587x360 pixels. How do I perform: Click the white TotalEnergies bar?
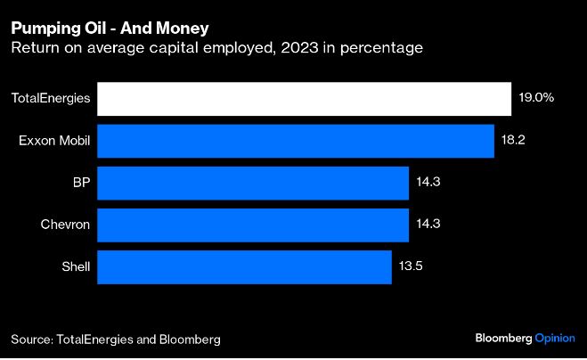point(304,99)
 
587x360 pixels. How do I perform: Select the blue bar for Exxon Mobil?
point(295,141)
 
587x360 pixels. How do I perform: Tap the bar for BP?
point(252,183)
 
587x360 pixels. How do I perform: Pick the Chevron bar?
point(252,225)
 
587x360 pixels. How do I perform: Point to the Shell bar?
point(244,266)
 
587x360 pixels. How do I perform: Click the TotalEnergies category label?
point(50,99)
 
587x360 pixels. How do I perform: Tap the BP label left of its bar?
point(81,183)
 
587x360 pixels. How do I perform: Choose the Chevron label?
point(65,225)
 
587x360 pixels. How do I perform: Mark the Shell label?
point(74,266)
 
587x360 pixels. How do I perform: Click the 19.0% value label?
point(536,99)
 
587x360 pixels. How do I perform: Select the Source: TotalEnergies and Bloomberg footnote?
point(115,340)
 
